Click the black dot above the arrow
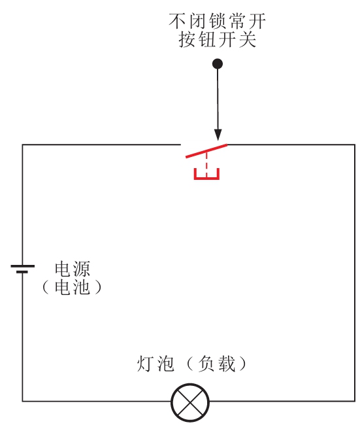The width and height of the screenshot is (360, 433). [218, 64]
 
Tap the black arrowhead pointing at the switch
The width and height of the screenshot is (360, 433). [218, 135]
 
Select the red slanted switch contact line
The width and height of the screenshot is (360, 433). [206, 151]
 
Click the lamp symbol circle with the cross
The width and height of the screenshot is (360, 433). [190, 402]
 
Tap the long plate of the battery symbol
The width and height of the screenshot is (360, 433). [23, 266]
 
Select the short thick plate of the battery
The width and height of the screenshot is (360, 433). [22, 272]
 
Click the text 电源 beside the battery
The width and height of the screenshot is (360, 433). [73, 269]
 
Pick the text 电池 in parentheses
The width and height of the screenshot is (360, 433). [73, 287]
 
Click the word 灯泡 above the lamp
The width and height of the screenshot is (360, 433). [155, 364]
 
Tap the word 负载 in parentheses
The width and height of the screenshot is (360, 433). [216, 364]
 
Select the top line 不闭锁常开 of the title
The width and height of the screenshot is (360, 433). [217, 21]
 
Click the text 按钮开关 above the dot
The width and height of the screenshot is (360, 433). [218, 39]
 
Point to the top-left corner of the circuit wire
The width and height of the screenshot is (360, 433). [23, 145]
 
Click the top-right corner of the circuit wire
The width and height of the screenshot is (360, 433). [355, 145]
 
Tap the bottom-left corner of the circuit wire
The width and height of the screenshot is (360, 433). [23, 401]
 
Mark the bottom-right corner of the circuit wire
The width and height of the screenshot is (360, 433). [355, 401]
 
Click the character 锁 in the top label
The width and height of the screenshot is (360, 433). [218, 21]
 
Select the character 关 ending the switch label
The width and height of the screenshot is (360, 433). [248, 39]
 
